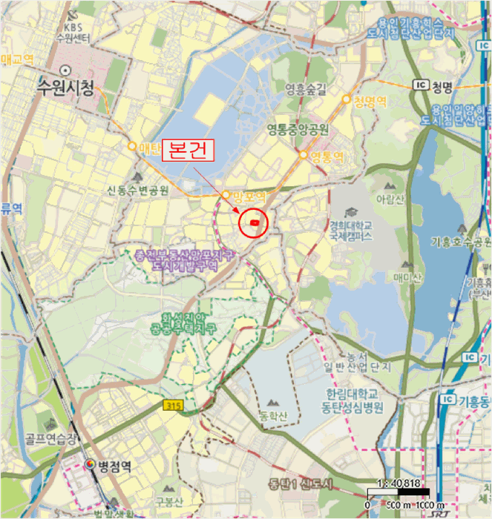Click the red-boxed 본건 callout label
coord(187,149)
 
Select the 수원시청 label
coord(67,89)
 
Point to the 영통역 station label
coord(327,156)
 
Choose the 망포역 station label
coord(248,196)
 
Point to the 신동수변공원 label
coord(139,191)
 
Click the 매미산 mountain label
coord(407,277)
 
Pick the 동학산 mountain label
coord(273,416)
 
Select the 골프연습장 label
coord(50,438)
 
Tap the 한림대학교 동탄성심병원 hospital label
coord(354,400)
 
